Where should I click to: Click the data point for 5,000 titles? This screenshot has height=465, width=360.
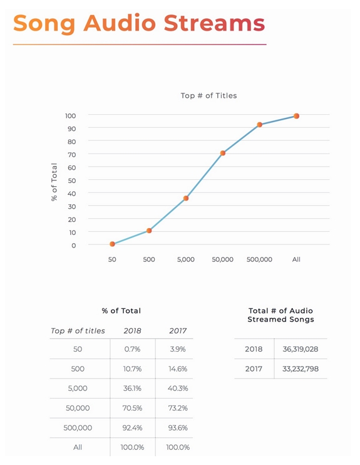point(186,198)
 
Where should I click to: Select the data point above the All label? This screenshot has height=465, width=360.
point(296,116)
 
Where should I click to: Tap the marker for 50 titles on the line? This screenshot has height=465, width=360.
point(112,244)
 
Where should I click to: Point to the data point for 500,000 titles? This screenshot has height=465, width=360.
point(260,125)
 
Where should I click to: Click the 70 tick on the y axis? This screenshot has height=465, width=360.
point(72,155)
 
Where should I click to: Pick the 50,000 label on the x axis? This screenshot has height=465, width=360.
point(222,259)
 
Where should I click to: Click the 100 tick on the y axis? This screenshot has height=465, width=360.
point(71,116)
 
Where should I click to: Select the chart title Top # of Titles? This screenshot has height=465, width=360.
point(209,95)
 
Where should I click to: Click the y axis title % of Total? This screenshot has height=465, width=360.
point(54,182)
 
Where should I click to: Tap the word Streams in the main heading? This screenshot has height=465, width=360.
point(214,23)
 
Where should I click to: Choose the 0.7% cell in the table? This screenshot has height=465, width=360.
point(132,349)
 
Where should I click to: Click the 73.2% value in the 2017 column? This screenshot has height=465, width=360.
point(178,408)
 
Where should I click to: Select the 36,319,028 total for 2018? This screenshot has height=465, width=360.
point(301,349)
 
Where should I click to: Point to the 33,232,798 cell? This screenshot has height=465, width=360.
point(301,369)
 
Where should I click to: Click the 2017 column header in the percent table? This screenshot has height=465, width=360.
point(178,331)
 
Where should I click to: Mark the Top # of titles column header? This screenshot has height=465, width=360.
point(78,331)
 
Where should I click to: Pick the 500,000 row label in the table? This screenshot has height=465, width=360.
point(78,427)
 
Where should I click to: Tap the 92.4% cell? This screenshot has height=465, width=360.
point(132,427)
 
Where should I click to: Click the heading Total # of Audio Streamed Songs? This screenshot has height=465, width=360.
point(280,315)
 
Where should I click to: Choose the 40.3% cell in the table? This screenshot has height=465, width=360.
point(178,388)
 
